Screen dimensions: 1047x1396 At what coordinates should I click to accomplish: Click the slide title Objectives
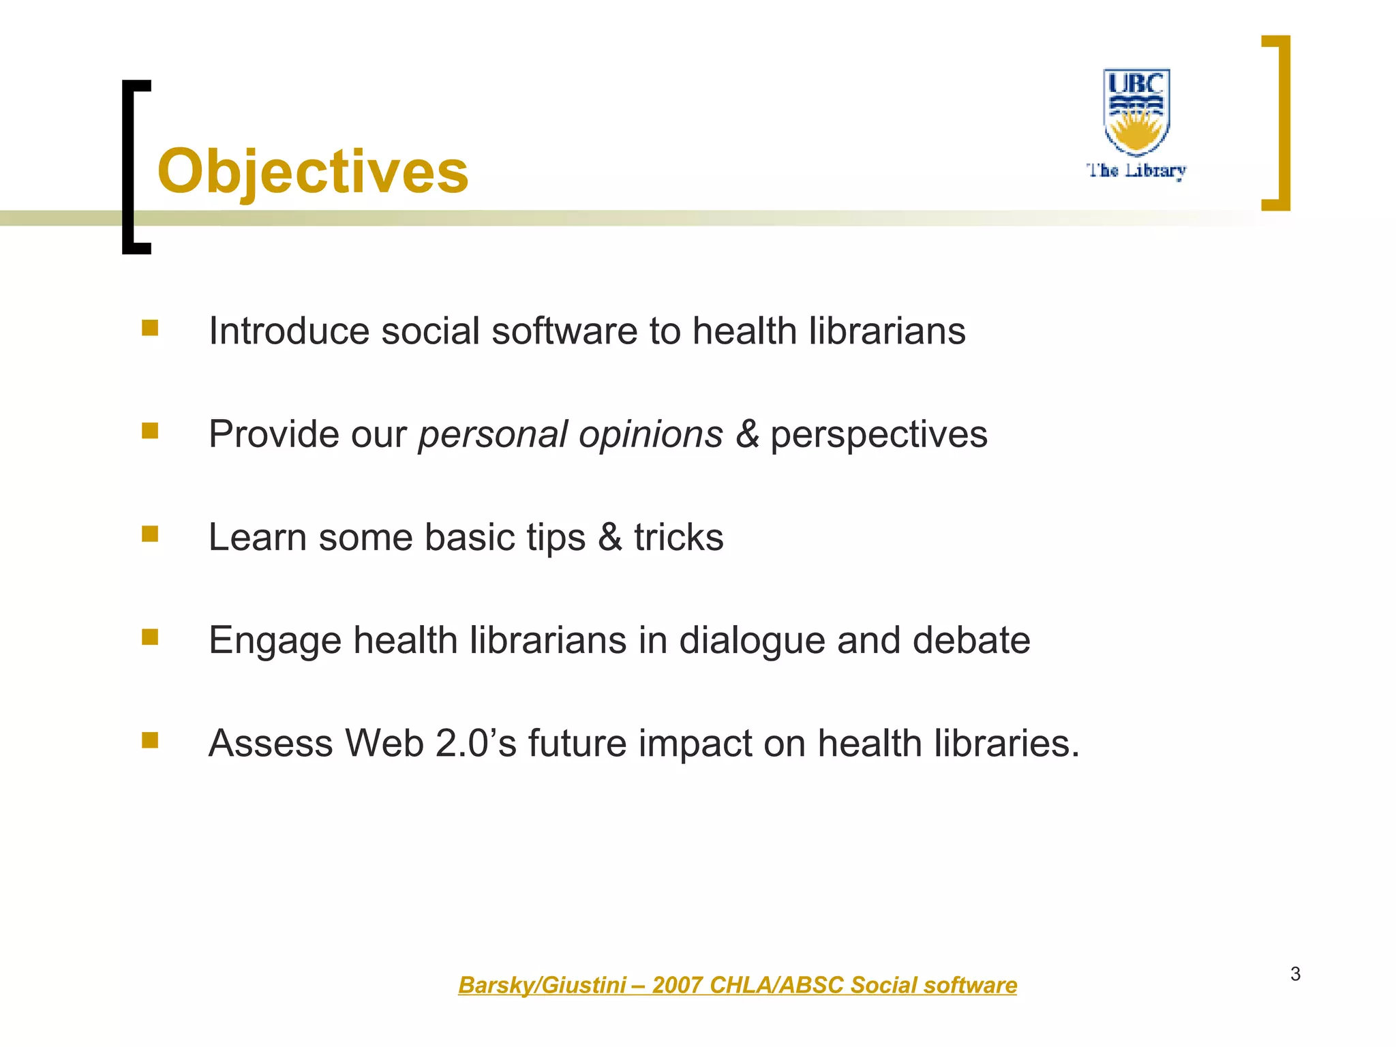[x=313, y=172]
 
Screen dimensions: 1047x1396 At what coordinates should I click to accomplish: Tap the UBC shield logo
[x=1136, y=111]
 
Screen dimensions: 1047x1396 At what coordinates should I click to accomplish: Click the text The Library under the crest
[x=1136, y=170]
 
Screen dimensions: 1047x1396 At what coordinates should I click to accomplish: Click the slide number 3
[x=1295, y=974]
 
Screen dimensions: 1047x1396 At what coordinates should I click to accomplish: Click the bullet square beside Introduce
[x=150, y=329]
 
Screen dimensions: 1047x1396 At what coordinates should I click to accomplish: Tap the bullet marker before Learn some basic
[x=150, y=534]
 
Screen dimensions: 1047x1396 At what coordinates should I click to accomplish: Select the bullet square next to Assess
[x=150, y=740]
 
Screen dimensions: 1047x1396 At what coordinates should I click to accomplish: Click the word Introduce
[x=288, y=331]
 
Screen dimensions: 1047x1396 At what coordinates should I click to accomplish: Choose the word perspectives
[x=879, y=435]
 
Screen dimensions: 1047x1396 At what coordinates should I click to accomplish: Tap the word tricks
[x=679, y=538]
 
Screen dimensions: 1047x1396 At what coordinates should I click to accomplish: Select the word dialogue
[x=752, y=641]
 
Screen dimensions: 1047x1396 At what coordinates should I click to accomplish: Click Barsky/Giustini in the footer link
[x=542, y=985]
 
